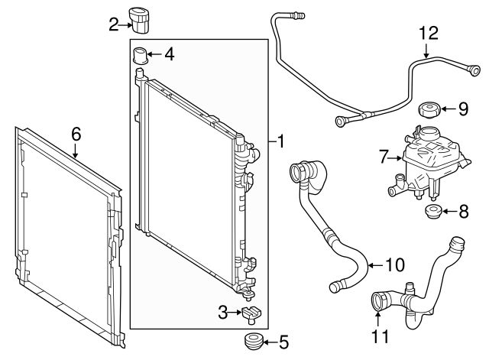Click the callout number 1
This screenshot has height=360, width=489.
(281, 141)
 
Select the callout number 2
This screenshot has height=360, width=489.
(114, 24)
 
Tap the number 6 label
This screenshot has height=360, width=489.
(76, 134)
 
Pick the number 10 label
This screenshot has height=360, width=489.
(394, 266)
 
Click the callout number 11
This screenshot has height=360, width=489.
(380, 334)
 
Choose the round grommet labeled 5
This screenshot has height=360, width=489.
(250, 340)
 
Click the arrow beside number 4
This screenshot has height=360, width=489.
(154, 54)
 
